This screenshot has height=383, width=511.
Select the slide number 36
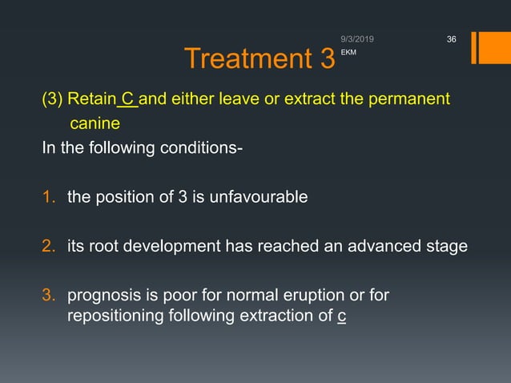click(450, 38)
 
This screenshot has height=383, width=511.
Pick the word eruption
click(320, 296)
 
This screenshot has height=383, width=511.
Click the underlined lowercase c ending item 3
click(342, 316)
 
